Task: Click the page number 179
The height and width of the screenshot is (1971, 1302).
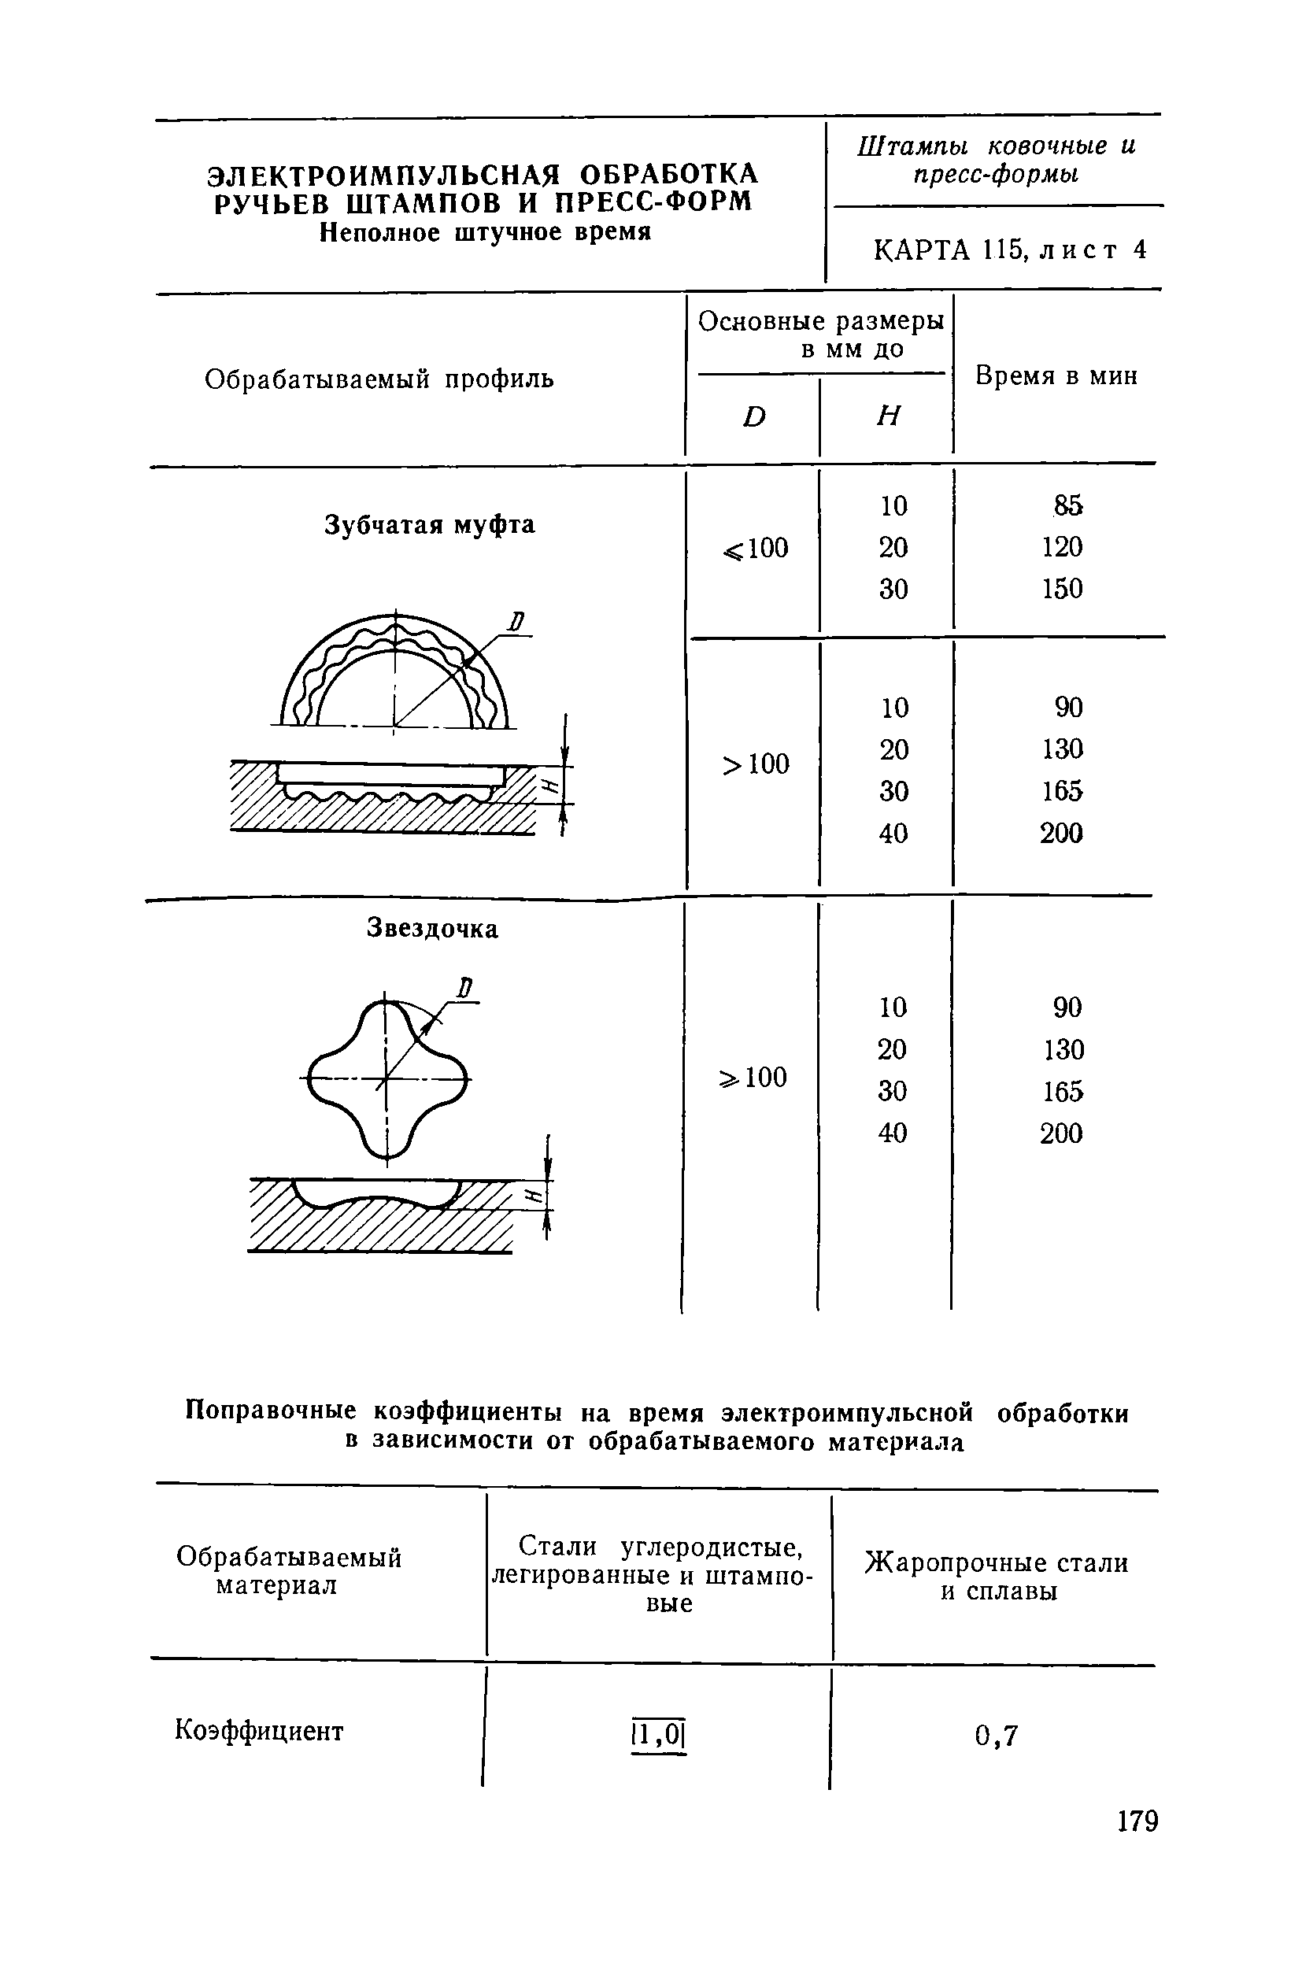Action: [1137, 1821]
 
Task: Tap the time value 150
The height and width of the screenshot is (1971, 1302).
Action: [1063, 589]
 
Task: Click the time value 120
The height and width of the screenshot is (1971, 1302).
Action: [1063, 547]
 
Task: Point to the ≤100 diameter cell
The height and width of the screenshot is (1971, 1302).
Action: [755, 548]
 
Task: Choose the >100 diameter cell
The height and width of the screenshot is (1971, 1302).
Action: [755, 764]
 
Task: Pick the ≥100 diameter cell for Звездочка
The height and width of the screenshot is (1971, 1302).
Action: [753, 1078]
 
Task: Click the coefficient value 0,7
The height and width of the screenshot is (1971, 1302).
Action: [996, 1735]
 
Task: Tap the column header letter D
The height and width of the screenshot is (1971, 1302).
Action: [753, 416]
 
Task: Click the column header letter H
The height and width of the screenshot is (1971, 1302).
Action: [888, 416]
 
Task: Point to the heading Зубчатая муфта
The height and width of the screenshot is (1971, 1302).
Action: [429, 525]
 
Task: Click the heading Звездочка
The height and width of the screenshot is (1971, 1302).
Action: [432, 928]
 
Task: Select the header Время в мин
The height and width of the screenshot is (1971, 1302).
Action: [1056, 376]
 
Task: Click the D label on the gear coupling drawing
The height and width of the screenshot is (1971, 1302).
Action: [517, 622]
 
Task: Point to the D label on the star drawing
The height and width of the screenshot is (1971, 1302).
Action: [465, 989]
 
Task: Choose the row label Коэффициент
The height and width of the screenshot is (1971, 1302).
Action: [258, 1731]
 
